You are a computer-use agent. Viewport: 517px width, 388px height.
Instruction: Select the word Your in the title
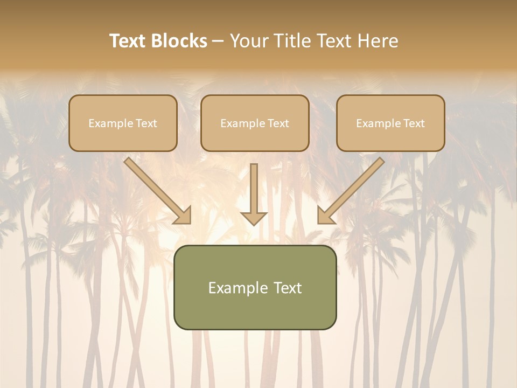pyautogui.click(x=249, y=41)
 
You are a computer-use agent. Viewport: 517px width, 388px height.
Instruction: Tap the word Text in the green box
pyautogui.click(x=289, y=288)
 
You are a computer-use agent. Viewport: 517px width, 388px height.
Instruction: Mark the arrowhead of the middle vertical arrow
pyautogui.click(x=254, y=218)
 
